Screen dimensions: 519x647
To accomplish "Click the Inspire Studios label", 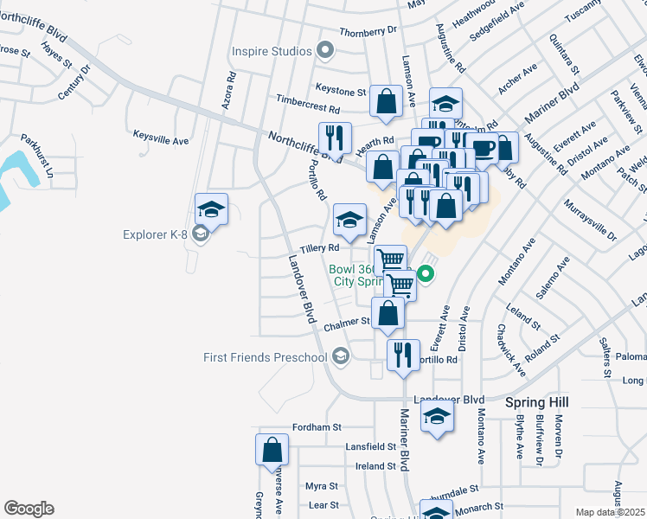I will pos(271,51).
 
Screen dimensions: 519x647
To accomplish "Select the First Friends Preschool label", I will pos(265,357).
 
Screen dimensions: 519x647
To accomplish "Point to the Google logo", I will pos(29,509).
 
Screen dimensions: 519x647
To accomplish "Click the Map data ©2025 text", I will pos(611,512).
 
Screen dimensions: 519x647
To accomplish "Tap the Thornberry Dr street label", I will pos(368,30).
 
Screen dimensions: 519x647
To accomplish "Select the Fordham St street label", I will pos(317,427).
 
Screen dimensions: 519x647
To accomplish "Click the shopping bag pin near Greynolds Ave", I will pos(272,451).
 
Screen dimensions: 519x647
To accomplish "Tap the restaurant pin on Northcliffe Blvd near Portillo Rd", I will pos(334,138).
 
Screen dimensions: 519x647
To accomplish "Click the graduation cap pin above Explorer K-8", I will pos(211,208).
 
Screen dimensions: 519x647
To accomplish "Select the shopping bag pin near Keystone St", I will pos(385,100).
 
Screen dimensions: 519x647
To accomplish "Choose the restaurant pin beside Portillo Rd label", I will pos(402,353).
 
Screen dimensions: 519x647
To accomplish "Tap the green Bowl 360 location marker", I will pos(426,275).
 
